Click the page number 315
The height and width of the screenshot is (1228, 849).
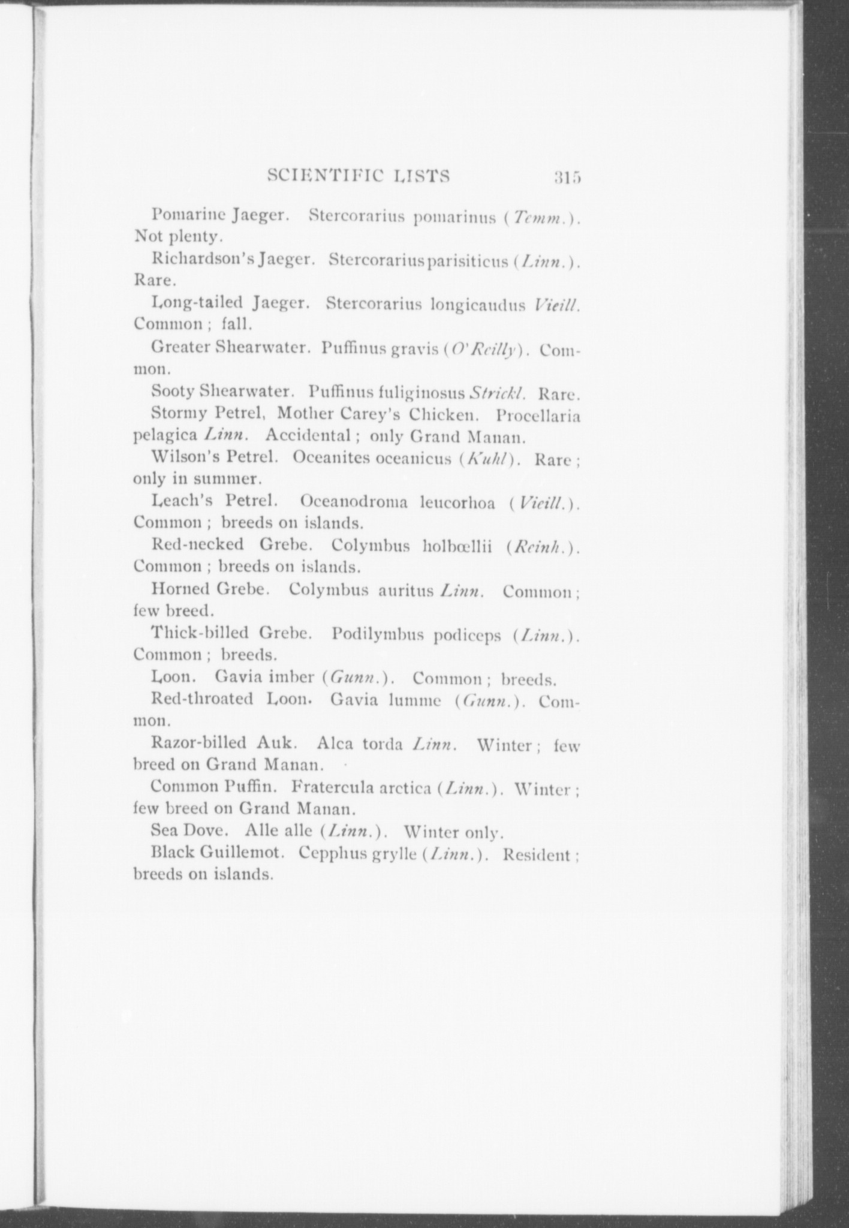pyautogui.click(x=568, y=177)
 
